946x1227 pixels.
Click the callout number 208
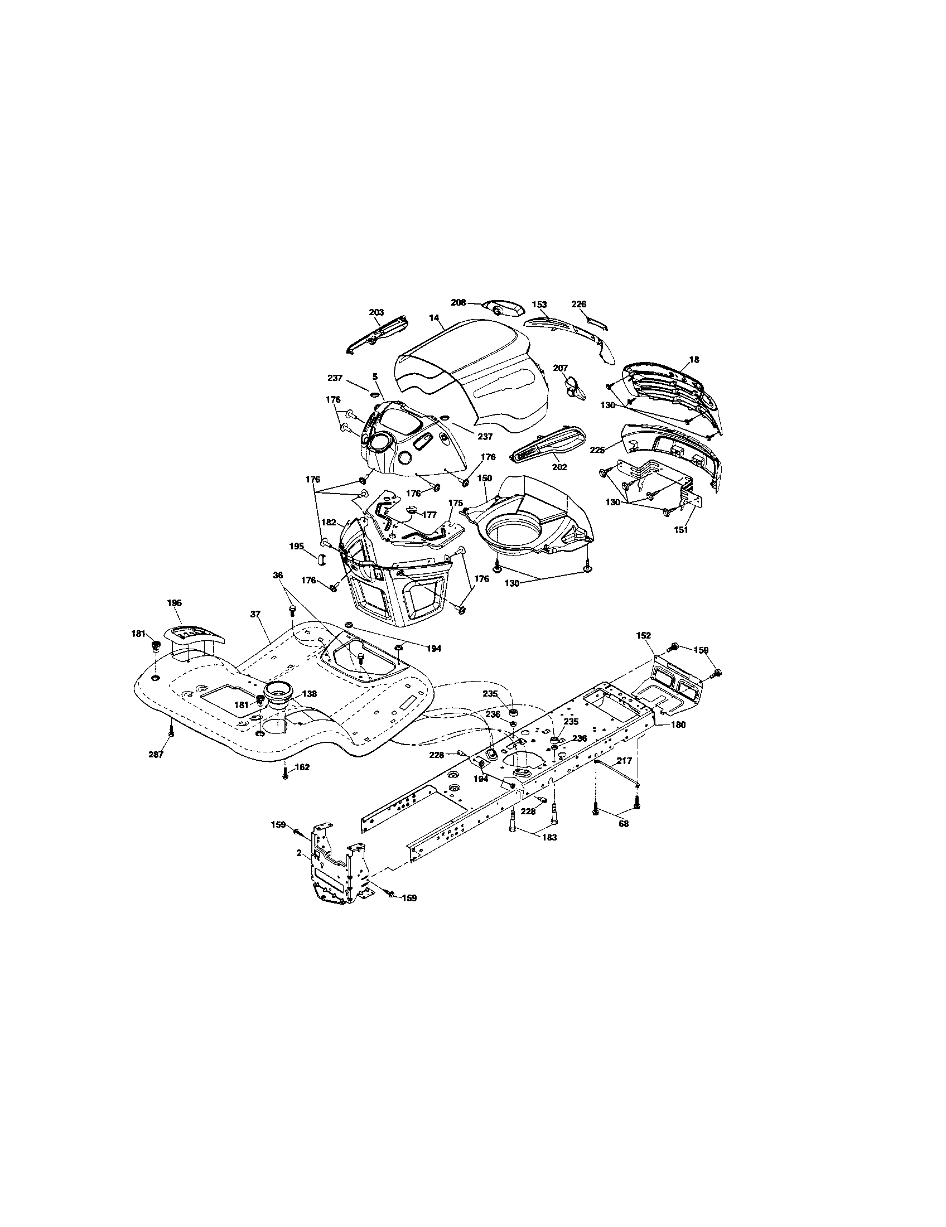(x=458, y=302)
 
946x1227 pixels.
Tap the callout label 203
(x=376, y=312)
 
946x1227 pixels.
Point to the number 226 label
(x=578, y=304)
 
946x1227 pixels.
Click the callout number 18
(x=694, y=360)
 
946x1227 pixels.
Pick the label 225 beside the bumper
(x=597, y=450)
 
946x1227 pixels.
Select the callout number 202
(x=559, y=467)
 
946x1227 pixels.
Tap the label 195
(x=296, y=545)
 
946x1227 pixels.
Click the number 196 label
(x=175, y=603)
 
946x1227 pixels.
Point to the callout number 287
(x=156, y=755)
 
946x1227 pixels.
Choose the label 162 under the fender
(x=302, y=767)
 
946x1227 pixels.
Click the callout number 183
(x=549, y=853)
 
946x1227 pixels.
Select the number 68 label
(x=623, y=824)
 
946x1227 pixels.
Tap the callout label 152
(x=643, y=635)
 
